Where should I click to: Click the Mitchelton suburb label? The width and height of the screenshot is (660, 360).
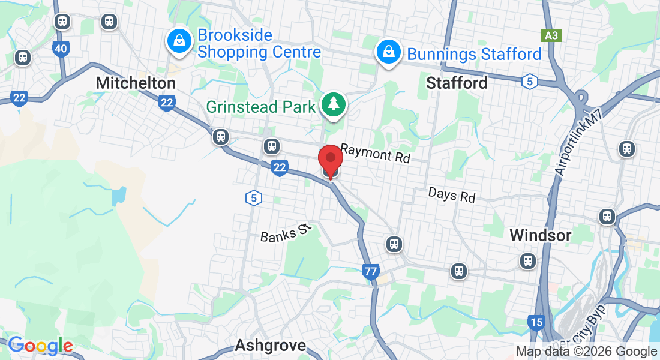tap(136, 83)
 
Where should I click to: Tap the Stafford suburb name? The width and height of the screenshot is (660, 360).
tap(457, 83)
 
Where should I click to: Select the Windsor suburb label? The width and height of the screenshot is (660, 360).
tap(540, 235)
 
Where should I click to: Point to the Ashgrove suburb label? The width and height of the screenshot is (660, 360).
tap(270, 346)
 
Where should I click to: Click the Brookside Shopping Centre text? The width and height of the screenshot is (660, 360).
tap(259, 44)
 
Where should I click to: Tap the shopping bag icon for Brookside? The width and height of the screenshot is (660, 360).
tap(179, 41)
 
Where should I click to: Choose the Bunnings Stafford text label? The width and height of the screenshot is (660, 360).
tap(474, 54)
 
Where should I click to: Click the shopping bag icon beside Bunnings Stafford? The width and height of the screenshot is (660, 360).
tap(389, 52)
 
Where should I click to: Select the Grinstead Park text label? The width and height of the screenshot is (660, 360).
tap(260, 107)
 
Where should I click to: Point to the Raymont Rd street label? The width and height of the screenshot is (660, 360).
tap(375, 154)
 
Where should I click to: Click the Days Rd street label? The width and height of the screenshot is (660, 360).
tap(451, 195)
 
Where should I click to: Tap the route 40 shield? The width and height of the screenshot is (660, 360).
tap(60, 49)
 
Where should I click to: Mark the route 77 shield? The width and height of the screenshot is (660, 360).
tap(370, 272)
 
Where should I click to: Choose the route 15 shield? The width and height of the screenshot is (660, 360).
tap(536, 323)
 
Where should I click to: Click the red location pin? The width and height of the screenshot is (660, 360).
tap(330, 159)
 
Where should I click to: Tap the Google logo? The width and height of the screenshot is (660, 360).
tap(40, 346)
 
